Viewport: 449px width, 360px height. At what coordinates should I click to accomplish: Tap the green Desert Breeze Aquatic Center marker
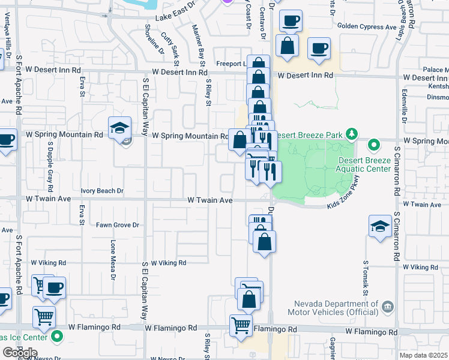[x=374, y=145]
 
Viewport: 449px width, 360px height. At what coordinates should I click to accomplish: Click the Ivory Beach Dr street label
[x=102, y=191]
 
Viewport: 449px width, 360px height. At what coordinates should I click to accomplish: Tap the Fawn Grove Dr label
[x=118, y=226]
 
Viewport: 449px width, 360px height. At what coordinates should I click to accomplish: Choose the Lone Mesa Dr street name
[x=112, y=260]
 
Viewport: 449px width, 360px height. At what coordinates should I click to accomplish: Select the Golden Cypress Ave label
[x=367, y=26]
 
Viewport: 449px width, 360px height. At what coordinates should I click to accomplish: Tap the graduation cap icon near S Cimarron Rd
[x=380, y=226]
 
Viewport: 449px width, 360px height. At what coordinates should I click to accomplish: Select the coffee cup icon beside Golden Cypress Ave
[x=319, y=48]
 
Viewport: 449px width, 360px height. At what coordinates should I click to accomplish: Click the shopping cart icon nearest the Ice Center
[x=44, y=316]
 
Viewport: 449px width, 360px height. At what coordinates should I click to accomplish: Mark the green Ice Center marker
[x=58, y=336]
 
